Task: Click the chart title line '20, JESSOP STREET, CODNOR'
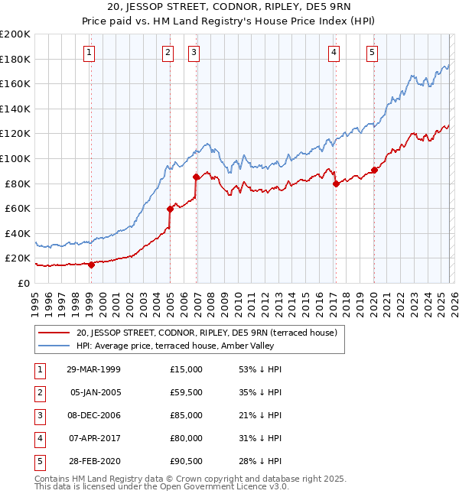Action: [x=229, y=8]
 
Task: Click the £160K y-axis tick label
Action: [x=15, y=84]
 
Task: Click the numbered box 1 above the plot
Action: [x=90, y=53]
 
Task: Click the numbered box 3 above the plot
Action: [x=194, y=53]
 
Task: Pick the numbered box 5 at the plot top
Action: [x=372, y=53]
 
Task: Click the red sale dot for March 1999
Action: [x=91, y=265]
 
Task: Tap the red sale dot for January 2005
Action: [x=170, y=209]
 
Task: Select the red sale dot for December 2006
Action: [x=196, y=177]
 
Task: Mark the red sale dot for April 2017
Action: [x=335, y=183]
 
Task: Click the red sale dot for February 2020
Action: [x=374, y=170]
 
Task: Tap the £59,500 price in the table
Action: [x=186, y=392]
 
